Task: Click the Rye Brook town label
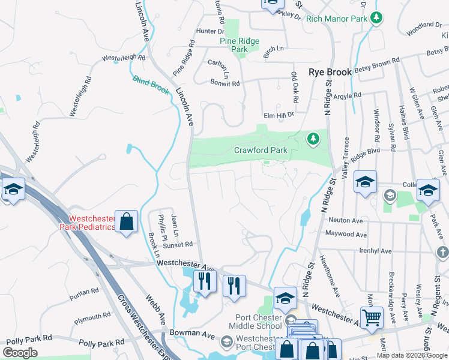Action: pos(330,72)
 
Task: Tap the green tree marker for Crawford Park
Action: pos(313,139)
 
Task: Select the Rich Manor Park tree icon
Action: pos(376,18)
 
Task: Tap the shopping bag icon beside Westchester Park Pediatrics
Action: pos(127,222)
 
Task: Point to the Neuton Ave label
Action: pos(345,220)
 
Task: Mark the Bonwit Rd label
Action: pos(224,83)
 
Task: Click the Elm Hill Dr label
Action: pos(279,115)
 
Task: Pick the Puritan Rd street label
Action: pos(84,292)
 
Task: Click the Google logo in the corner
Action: pos(20,353)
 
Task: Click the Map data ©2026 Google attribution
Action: pos(412,355)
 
